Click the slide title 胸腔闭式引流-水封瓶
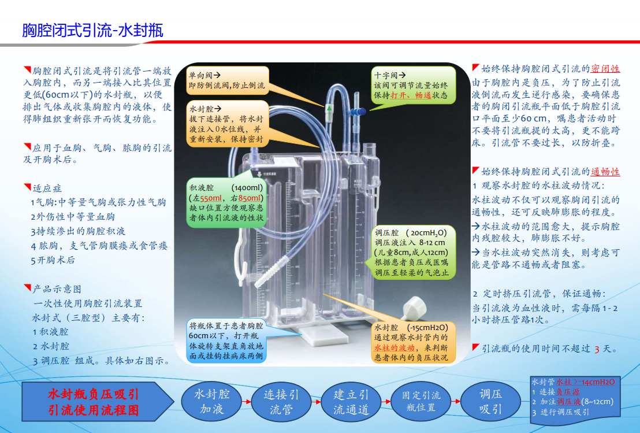(92, 31)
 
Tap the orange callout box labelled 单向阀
(228, 80)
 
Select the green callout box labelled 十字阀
(412, 86)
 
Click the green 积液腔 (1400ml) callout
(226, 202)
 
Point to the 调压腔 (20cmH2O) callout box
(413, 252)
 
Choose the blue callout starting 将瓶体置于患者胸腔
(226, 341)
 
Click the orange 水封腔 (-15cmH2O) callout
(413, 342)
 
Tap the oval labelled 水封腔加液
(211, 401)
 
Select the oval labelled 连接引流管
(281, 401)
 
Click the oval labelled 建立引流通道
(351, 401)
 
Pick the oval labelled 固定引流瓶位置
(421, 401)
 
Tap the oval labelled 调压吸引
(490, 401)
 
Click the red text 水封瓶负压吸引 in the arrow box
(93, 394)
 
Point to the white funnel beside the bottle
(414, 307)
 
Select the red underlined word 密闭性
(605, 69)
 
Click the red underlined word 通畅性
(605, 172)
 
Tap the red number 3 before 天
(597, 349)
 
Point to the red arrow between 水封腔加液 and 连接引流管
(247, 402)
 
